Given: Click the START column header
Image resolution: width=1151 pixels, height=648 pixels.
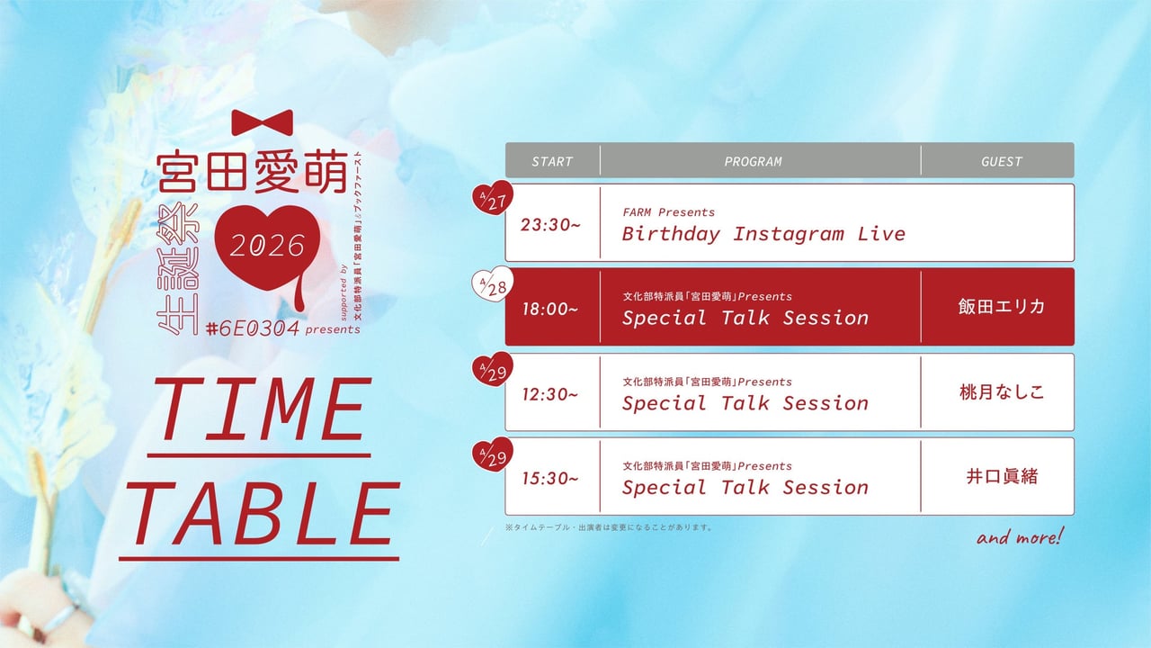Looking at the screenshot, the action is [552, 161].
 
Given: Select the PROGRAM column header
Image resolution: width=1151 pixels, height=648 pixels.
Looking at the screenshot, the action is [753, 161].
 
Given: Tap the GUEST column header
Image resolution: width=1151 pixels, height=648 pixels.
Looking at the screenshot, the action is [1002, 161].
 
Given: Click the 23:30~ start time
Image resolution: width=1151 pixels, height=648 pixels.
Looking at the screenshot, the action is [550, 225].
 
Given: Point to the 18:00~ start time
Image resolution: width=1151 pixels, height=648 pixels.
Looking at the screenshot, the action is [550, 309].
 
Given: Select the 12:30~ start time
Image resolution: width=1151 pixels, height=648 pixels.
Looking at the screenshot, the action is [550, 394].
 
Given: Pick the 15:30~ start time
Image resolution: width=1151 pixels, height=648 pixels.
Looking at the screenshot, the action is [550, 479].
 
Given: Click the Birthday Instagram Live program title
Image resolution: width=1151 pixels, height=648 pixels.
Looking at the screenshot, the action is [763, 234].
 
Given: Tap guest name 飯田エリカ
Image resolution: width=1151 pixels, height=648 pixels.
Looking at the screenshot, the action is [1002, 307].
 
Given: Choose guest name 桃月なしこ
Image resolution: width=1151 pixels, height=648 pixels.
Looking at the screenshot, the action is [1002, 392].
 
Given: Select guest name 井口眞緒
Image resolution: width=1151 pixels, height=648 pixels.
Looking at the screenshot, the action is [1002, 476].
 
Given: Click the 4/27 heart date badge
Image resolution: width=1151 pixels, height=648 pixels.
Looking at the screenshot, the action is [493, 198].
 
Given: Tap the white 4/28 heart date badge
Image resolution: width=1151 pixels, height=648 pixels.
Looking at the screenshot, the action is [493, 283].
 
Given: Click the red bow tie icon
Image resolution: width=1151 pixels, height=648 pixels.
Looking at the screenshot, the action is [263, 122].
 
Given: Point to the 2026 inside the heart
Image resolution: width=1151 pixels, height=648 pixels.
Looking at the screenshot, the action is [267, 246].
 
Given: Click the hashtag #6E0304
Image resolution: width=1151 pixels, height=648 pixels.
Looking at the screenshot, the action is [253, 328].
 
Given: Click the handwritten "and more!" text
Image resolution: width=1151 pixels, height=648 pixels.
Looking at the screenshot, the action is [1020, 537].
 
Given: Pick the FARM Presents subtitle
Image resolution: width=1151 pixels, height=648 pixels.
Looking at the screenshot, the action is [668, 212].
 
